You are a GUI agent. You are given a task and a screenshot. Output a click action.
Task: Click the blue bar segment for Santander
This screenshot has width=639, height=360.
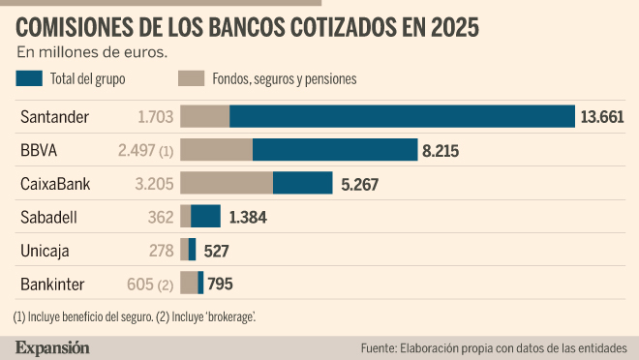click(x=402, y=116)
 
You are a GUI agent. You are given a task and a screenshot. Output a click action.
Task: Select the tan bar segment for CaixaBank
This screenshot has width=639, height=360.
click(x=227, y=183)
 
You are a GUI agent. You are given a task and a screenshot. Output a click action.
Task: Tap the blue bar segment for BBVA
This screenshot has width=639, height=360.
click(x=335, y=149)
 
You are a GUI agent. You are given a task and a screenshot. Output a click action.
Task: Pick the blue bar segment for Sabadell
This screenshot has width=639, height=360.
click(x=206, y=216)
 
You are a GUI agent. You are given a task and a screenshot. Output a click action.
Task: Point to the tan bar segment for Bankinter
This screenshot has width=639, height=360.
click(x=189, y=283)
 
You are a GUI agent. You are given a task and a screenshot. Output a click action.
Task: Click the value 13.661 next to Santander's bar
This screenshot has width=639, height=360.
click(x=602, y=117)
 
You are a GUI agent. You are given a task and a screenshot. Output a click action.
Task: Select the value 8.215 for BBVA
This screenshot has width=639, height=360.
click(x=441, y=151)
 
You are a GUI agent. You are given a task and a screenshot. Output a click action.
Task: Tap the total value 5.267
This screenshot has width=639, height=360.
click(x=360, y=185)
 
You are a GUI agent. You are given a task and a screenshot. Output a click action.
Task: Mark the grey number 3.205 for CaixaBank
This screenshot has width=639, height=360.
click(x=155, y=184)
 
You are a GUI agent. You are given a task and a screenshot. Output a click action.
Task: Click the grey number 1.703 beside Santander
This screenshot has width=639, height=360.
click(x=156, y=117)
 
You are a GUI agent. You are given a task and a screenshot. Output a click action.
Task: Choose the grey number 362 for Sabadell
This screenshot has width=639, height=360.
click(x=161, y=217)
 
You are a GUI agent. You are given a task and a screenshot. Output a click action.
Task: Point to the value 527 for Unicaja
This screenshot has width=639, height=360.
click(x=216, y=251)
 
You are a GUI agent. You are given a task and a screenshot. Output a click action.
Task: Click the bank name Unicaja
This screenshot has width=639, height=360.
click(x=45, y=252)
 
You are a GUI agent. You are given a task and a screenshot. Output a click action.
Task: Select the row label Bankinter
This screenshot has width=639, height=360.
click(x=52, y=285)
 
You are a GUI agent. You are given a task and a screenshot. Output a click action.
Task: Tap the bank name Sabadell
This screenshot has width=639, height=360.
click(x=49, y=218)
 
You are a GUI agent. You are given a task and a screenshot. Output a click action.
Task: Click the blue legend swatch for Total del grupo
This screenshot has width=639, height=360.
click(x=29, y=78)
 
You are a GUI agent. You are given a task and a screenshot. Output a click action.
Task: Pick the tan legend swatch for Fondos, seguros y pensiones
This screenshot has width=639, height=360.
click(x=191, y=78)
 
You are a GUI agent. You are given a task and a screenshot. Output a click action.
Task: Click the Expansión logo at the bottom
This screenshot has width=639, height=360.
click(x=52, y=348)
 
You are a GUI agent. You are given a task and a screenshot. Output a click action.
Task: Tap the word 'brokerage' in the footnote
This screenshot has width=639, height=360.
click(x=230, y=316)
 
